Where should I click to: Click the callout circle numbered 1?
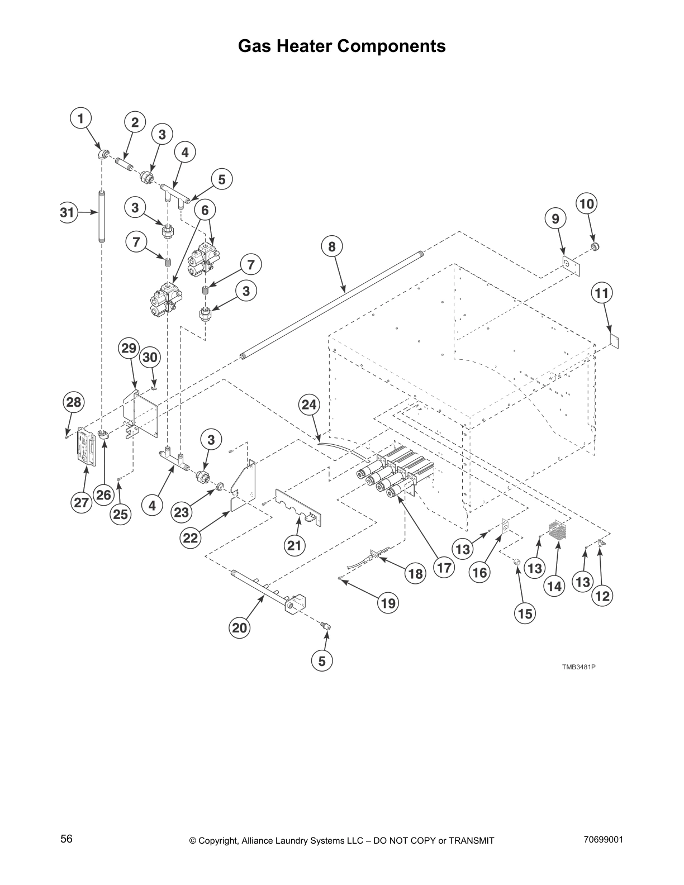[80, 118]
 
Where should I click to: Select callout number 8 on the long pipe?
[332, 246]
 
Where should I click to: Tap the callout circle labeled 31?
[68, 212]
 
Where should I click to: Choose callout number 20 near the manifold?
[239, 627]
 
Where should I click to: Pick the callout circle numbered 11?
[602, 293]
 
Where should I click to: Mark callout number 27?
[82, 502]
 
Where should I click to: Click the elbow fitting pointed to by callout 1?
[102, 154]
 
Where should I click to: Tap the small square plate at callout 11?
[615, 340]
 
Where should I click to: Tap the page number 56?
[66, 839]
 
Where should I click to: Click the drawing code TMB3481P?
[578, 667]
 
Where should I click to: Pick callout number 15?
[525, 613]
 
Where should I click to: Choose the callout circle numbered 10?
[587, 204]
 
